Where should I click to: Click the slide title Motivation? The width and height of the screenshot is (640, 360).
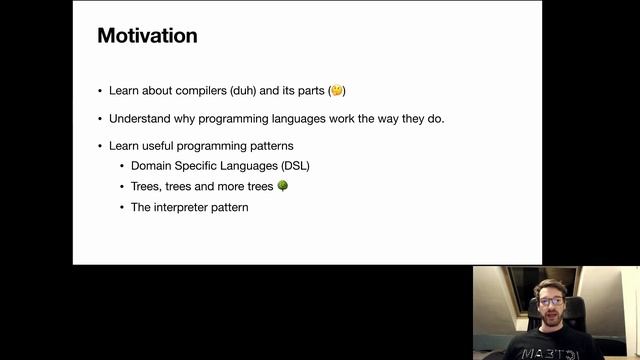147,36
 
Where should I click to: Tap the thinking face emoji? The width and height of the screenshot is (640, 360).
337,91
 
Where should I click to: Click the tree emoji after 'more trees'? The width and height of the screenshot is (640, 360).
282,186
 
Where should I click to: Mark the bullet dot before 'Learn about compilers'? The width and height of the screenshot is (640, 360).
99,91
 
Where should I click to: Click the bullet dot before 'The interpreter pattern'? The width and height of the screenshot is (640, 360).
121,207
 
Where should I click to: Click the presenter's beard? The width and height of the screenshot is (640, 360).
550,319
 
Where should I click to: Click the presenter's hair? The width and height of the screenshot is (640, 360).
549,285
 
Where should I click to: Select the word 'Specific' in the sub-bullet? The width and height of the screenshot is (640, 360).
203,165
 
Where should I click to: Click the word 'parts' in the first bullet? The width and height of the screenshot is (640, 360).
308,91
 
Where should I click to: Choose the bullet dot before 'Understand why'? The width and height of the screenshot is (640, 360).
99,119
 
